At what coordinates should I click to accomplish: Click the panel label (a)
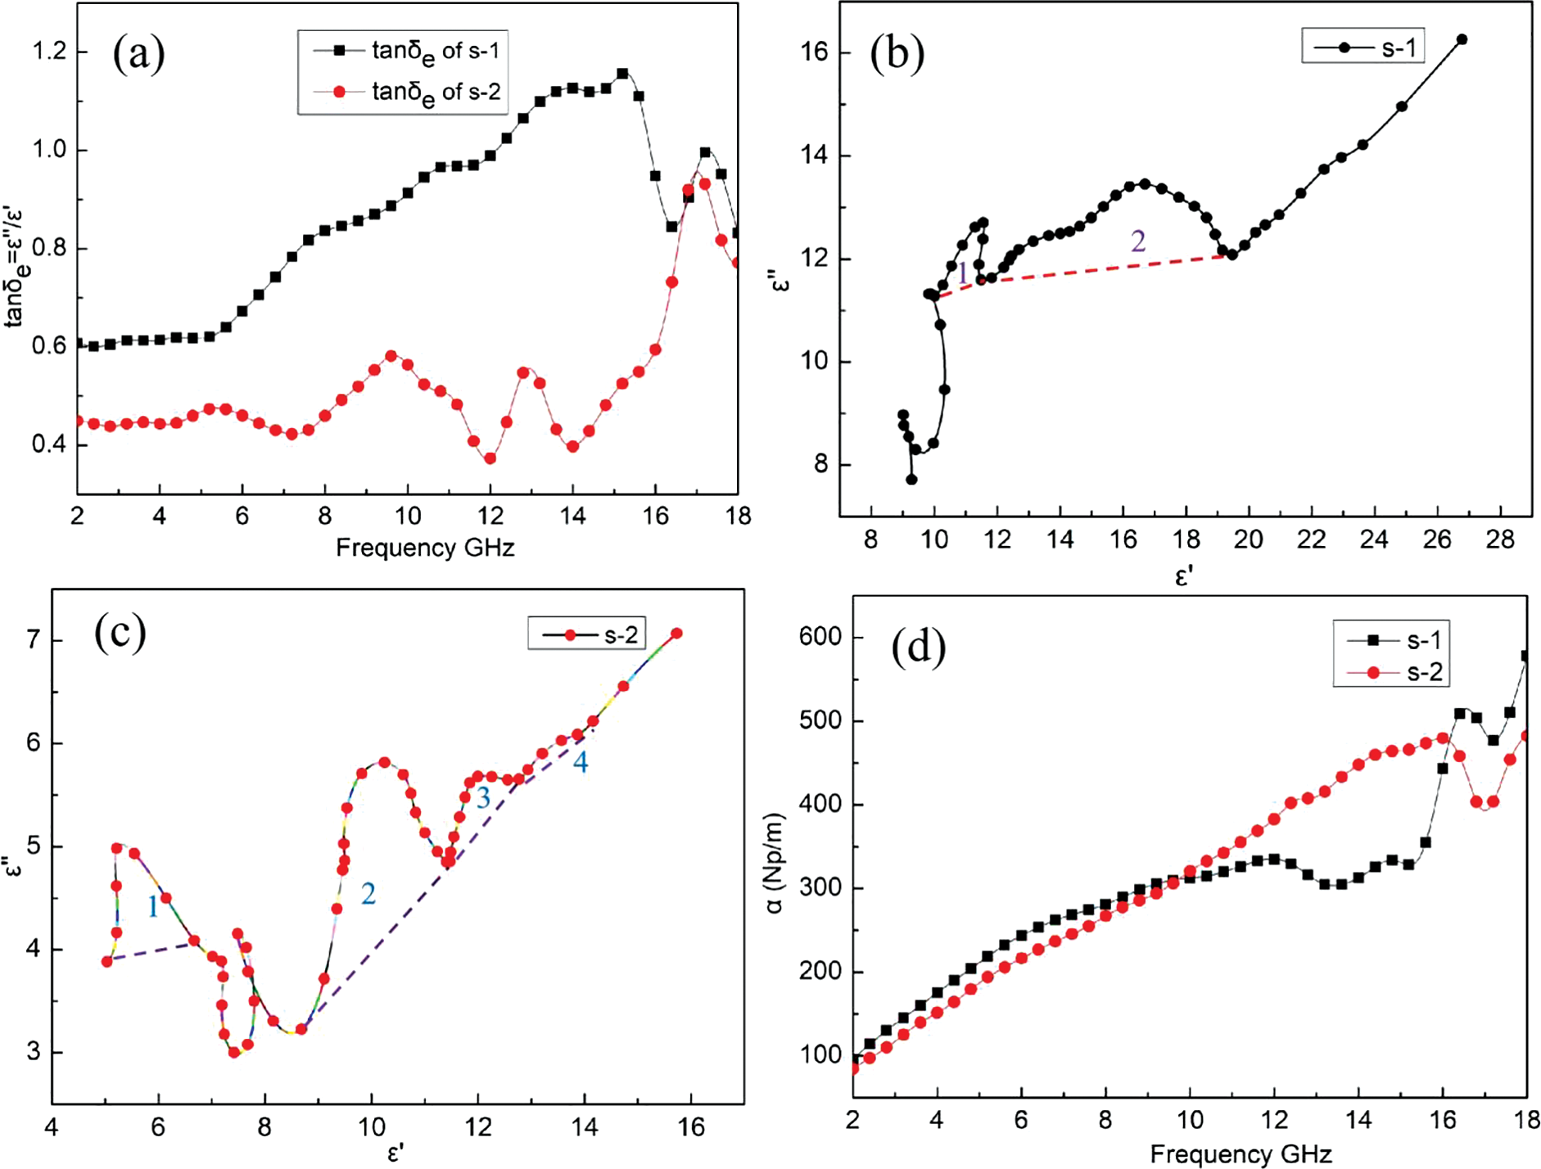coord(139,54)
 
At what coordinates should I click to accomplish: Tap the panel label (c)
coord(120,632)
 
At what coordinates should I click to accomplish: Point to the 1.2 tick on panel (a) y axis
coord(48,52)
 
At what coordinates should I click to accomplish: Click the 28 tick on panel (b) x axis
coord(1500,539)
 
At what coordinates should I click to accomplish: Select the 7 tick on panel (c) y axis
coord(34,639)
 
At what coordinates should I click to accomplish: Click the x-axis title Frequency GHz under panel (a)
coord(425,548)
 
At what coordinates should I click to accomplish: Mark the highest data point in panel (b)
coord(1462,39)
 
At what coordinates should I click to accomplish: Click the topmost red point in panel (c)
coord(676,634)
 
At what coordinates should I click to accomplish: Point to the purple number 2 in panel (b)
coord(1138,241)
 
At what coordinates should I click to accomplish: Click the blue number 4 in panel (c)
coord(580,763)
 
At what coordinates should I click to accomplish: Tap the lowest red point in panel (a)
coord(490,458)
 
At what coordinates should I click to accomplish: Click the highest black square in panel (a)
coord(622,74)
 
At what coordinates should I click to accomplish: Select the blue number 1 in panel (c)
coord(153,906)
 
